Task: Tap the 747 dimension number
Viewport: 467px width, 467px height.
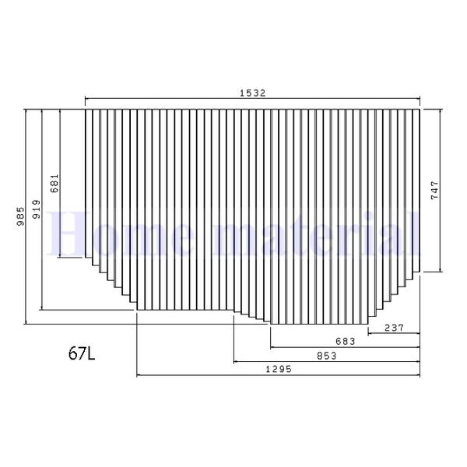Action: (x=434, y=191)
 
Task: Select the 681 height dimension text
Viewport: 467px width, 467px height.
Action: (x=54, y=183)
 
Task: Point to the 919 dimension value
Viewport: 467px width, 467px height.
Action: (x=36, y=209)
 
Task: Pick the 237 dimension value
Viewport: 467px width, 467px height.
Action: (x=394, y=328)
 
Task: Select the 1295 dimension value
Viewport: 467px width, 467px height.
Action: (x=278, y=370)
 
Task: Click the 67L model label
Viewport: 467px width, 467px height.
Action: (x=82, y=354)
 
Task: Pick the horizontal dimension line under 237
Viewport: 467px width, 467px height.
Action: (x=394, y=334)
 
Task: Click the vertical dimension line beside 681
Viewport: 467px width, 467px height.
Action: (x=60, y=226)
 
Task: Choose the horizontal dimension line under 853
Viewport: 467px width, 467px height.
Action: (x=326, y=362)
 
